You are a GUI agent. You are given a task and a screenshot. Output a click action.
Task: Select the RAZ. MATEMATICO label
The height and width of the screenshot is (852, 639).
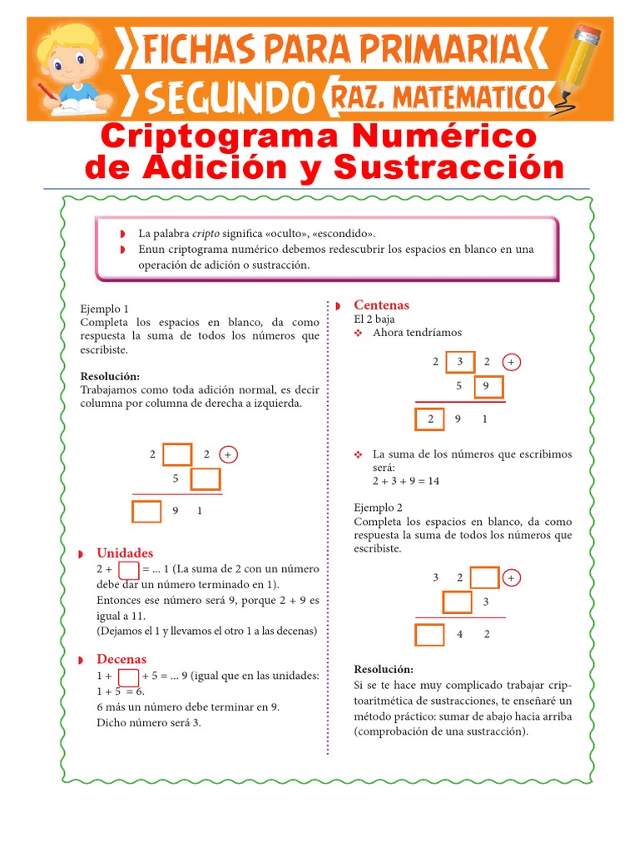[x=438, y=97]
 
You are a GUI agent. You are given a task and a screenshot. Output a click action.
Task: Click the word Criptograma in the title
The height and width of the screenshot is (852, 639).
[x=214, y=135]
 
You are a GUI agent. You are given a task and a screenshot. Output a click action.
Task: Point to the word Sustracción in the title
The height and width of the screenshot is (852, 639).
[x=448, y=167]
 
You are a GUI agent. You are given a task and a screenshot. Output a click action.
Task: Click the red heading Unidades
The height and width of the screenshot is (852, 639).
[x=125, y=552]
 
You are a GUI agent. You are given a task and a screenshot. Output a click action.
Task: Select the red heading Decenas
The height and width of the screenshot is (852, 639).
[x=121, y=659]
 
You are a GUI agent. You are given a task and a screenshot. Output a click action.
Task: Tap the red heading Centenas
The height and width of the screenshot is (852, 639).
[x=381, y=305]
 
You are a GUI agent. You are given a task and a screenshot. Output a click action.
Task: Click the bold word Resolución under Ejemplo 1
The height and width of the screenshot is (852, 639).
[x=110, y=376]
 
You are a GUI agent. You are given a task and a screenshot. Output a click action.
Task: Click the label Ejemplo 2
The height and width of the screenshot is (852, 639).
[x=378, y=507]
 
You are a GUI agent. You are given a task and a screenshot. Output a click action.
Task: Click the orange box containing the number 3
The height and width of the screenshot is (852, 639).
[x=459, y=362]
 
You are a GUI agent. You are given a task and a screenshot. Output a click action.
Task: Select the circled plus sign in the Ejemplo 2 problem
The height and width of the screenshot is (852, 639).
[x=511, y=577]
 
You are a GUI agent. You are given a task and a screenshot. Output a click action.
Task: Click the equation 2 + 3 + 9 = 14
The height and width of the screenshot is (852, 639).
[x=405, y=481]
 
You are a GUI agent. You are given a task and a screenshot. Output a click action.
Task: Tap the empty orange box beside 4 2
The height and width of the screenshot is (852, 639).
[x=429, y=635]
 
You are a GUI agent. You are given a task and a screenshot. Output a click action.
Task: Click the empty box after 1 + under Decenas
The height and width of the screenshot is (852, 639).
[x=128, y=676]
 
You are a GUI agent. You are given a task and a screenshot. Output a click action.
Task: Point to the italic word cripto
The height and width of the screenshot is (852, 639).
[x=206, y=234]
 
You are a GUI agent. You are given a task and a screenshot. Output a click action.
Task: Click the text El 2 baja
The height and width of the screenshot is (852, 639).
[x=374, y=319]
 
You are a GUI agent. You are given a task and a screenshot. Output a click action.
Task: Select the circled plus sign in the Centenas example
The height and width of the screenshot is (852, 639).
[x=512, y=362]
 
